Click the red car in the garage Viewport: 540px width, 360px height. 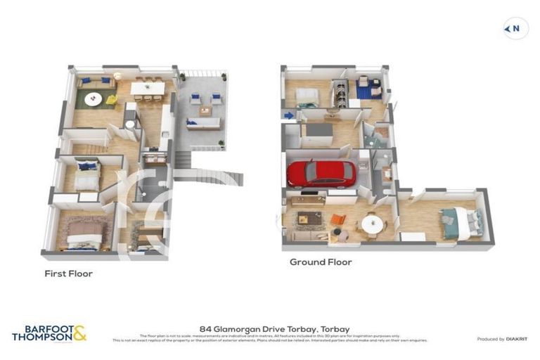(322, 173)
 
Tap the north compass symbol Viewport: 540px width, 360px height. (515, 29)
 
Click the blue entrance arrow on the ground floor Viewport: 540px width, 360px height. (288, 115)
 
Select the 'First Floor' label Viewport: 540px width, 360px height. (68, 274)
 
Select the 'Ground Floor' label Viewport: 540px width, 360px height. (321, 262)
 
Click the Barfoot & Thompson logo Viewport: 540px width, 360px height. (49, 333)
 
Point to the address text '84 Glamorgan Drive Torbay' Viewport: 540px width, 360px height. (274, 328)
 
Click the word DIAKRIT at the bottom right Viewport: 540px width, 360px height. (514, 339)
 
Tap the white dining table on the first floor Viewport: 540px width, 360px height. (147, 87)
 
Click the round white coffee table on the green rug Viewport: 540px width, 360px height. (94, 100)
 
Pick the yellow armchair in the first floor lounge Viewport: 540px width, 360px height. (111, 100)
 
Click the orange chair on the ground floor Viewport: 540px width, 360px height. (338, 220)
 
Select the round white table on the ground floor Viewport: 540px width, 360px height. (371, 224)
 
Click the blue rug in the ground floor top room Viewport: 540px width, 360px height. (366, 91)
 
